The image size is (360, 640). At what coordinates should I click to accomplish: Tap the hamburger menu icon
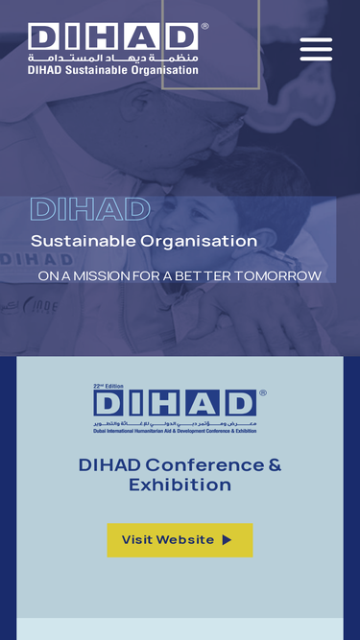coord(316,50)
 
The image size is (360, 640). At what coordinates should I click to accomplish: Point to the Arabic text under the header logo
coord(112,59)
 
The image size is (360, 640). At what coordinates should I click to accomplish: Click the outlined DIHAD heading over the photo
coord(90,209)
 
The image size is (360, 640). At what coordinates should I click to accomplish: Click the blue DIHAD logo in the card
coord(175,403)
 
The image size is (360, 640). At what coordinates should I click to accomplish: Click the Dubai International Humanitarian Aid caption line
coord(175,431)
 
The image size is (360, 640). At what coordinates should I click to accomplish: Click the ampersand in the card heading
coord(275,465)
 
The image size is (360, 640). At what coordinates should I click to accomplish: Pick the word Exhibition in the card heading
coord(180,486)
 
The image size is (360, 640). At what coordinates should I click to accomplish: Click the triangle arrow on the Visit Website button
coord(228,540)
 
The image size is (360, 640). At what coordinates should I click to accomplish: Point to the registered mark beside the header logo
coord(204,27)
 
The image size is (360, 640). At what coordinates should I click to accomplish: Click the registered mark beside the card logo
coord(262,392)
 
